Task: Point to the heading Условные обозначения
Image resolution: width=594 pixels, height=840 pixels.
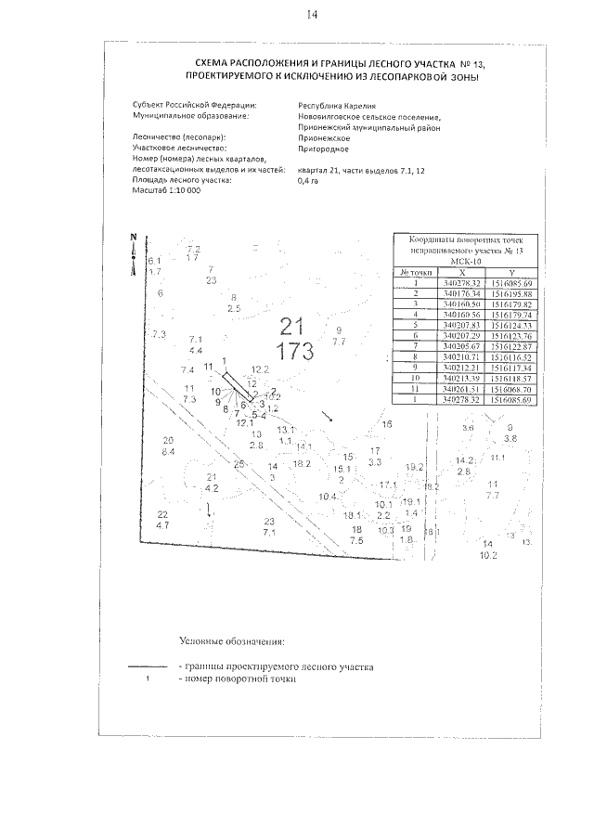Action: click(232, 640)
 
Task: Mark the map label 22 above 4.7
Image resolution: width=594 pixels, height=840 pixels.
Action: click(162, 514)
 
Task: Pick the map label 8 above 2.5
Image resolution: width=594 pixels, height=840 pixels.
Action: click(232, 297)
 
